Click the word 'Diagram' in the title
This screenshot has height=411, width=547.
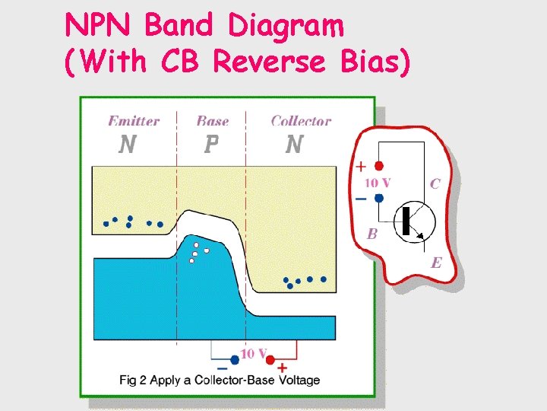(286, 27)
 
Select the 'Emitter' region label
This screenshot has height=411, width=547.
(134, 121)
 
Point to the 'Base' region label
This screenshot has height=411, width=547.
(212, 121)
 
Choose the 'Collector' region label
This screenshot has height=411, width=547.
(301, 121)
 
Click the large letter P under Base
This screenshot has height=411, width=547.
(212, 144)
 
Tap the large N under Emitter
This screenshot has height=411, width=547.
(128, 144)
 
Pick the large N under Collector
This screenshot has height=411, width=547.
(294, 144)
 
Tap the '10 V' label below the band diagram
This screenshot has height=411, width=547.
(255, 354)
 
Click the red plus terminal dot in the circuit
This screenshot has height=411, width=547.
(379, 166)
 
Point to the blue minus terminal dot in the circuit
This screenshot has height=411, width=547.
(379, 198)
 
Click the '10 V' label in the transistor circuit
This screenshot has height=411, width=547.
(378, 183)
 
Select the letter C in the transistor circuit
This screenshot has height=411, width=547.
(435, 183)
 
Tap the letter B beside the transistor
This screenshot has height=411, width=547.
(372, 234)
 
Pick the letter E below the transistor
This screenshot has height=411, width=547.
(436, 263)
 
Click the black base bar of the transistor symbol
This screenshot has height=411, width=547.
(406, 219)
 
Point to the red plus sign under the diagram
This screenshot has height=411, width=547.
(282, 368)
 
